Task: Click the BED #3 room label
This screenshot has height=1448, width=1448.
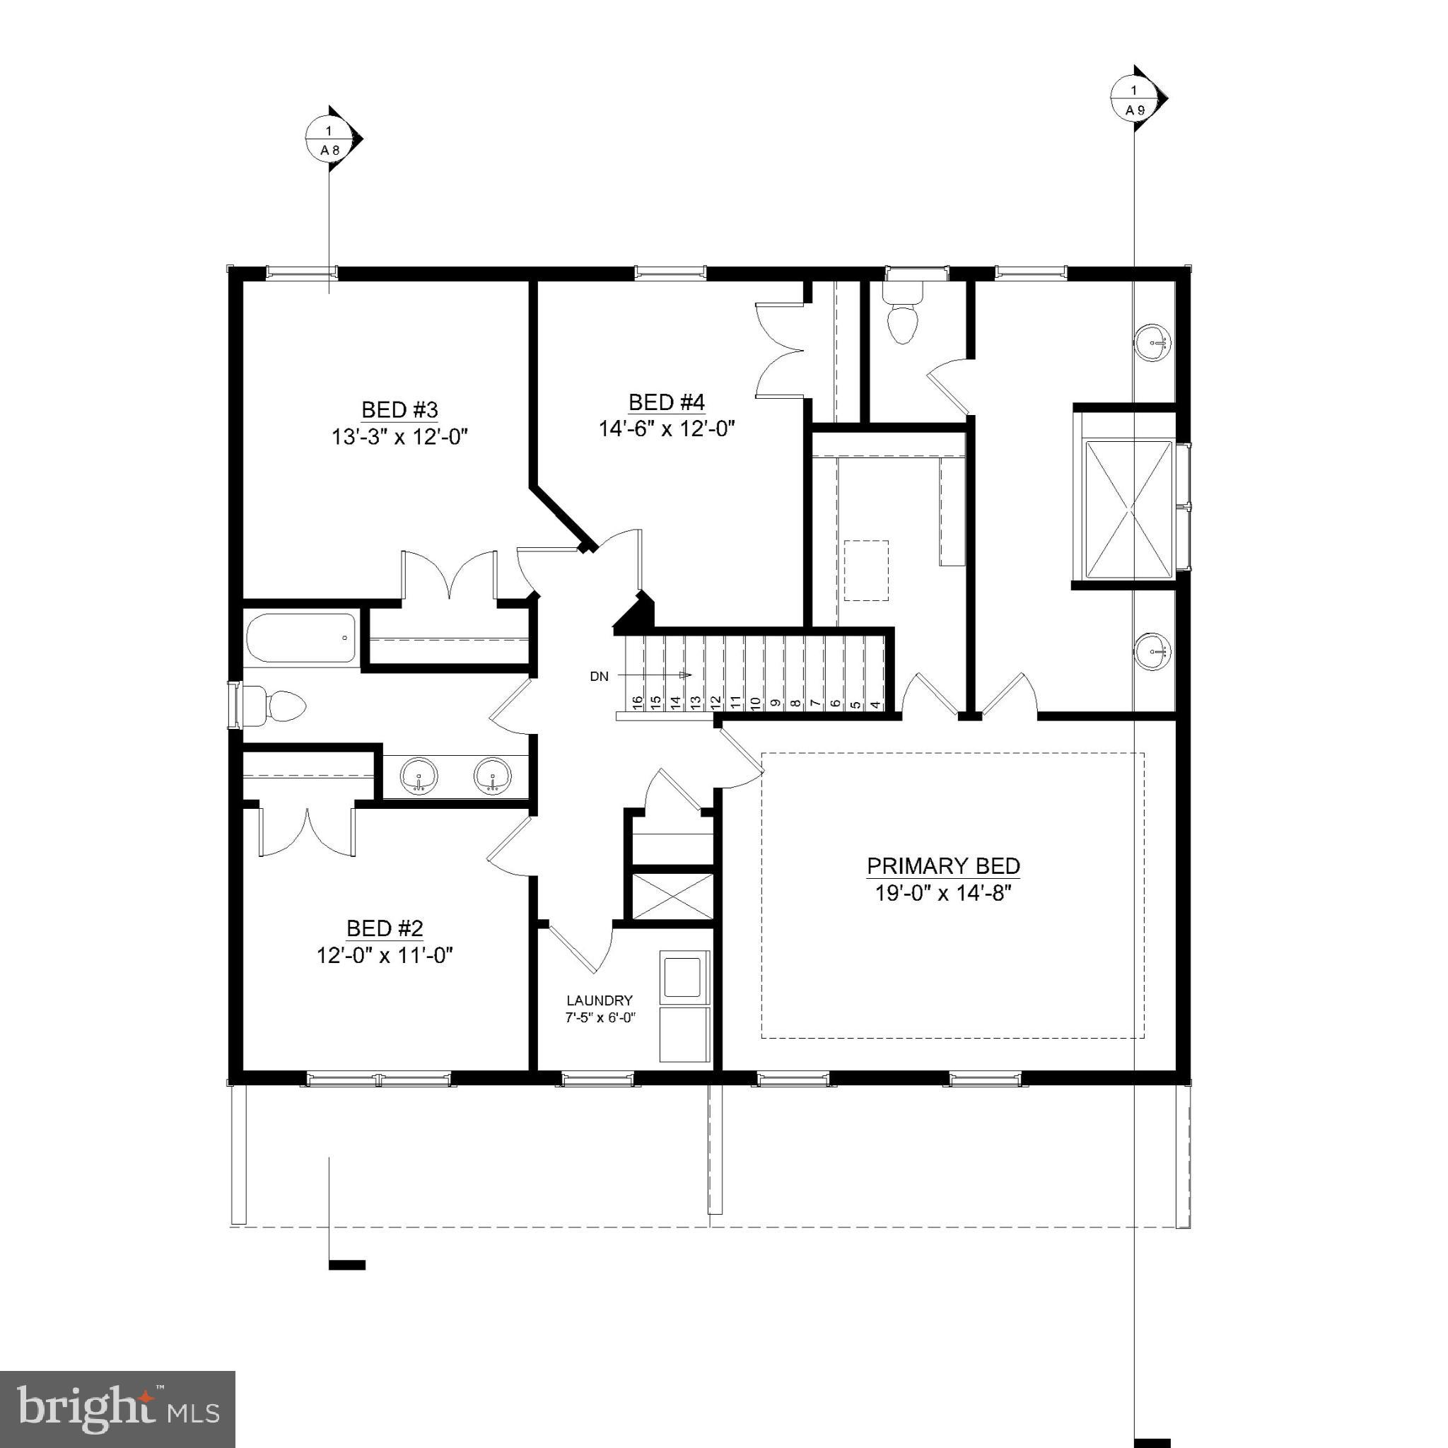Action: point(399,410)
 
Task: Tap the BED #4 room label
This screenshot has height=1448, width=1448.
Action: point(666,402)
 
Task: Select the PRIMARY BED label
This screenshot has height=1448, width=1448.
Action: point(943,866)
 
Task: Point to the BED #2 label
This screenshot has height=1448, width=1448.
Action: point(385,928)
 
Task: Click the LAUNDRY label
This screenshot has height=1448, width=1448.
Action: point(599,1000)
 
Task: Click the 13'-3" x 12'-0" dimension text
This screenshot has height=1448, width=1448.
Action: point(399,437)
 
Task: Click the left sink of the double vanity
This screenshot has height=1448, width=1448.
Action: point(419,776)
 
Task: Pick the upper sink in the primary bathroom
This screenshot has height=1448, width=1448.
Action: point(1152,343)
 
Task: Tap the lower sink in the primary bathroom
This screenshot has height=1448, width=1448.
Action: point(1152,650)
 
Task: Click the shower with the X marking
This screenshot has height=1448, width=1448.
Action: point(1128,509)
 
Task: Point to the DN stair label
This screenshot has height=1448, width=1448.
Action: point(599,677)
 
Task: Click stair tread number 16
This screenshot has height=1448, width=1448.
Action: point(637,702)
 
